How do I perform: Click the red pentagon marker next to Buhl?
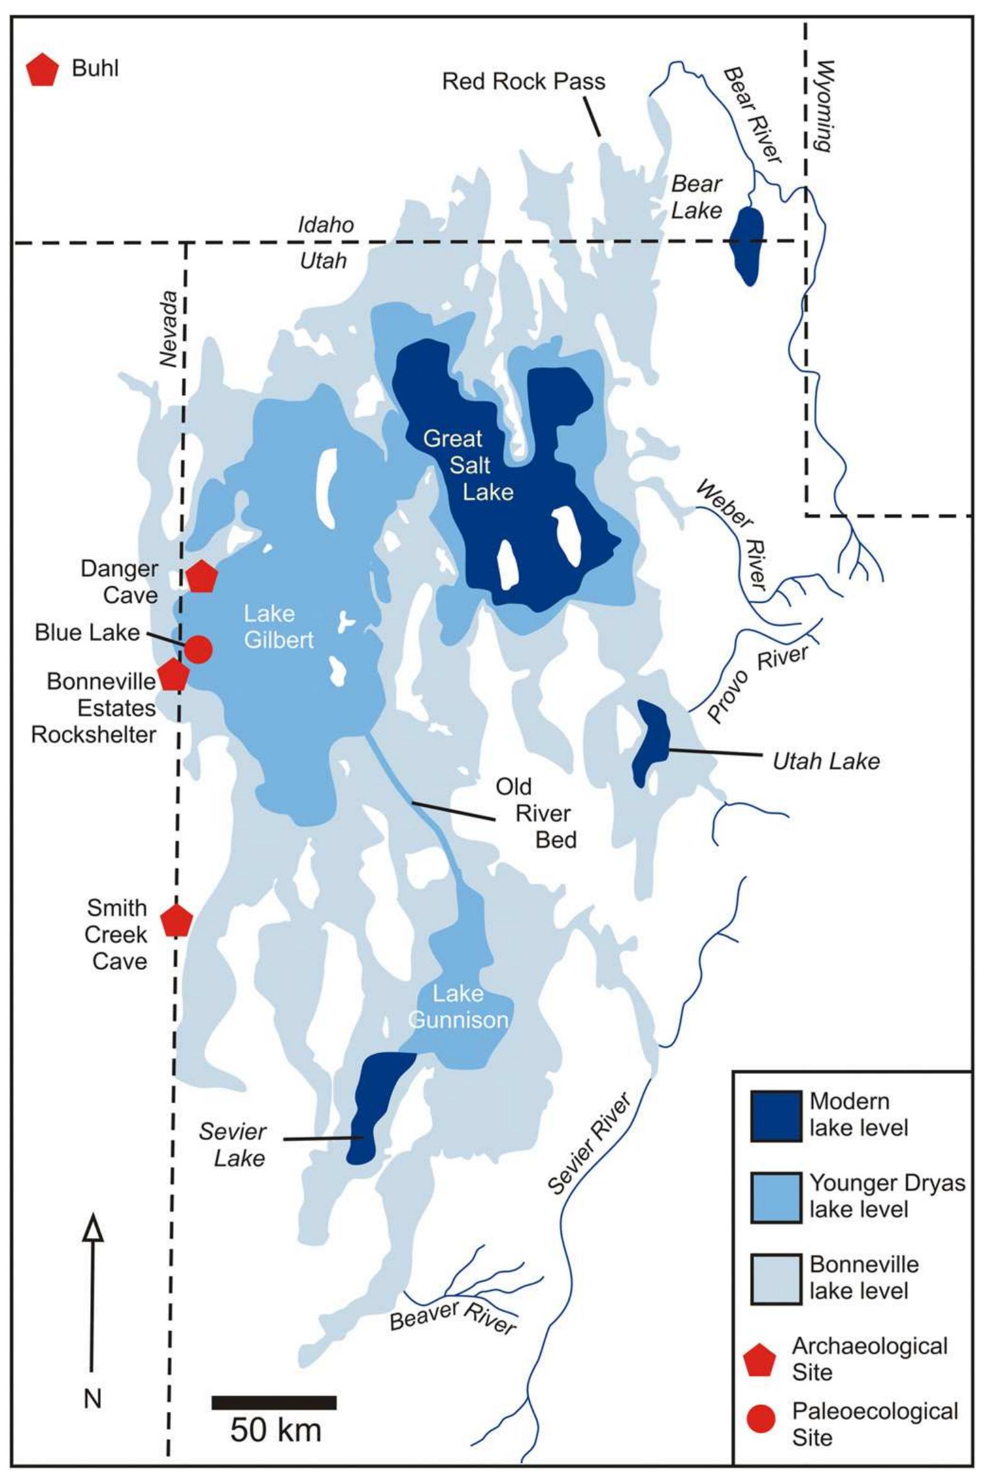(42, 70)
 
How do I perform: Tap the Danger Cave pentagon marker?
(202, 577)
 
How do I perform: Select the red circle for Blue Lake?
(198, 649)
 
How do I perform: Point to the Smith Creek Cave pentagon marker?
(176, 921)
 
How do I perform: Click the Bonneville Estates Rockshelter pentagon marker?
(173, 675)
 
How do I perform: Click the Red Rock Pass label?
(523, 82)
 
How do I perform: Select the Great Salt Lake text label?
(469, 465)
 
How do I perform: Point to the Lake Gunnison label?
(458, 1006)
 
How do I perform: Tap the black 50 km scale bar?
(274, 1403)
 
